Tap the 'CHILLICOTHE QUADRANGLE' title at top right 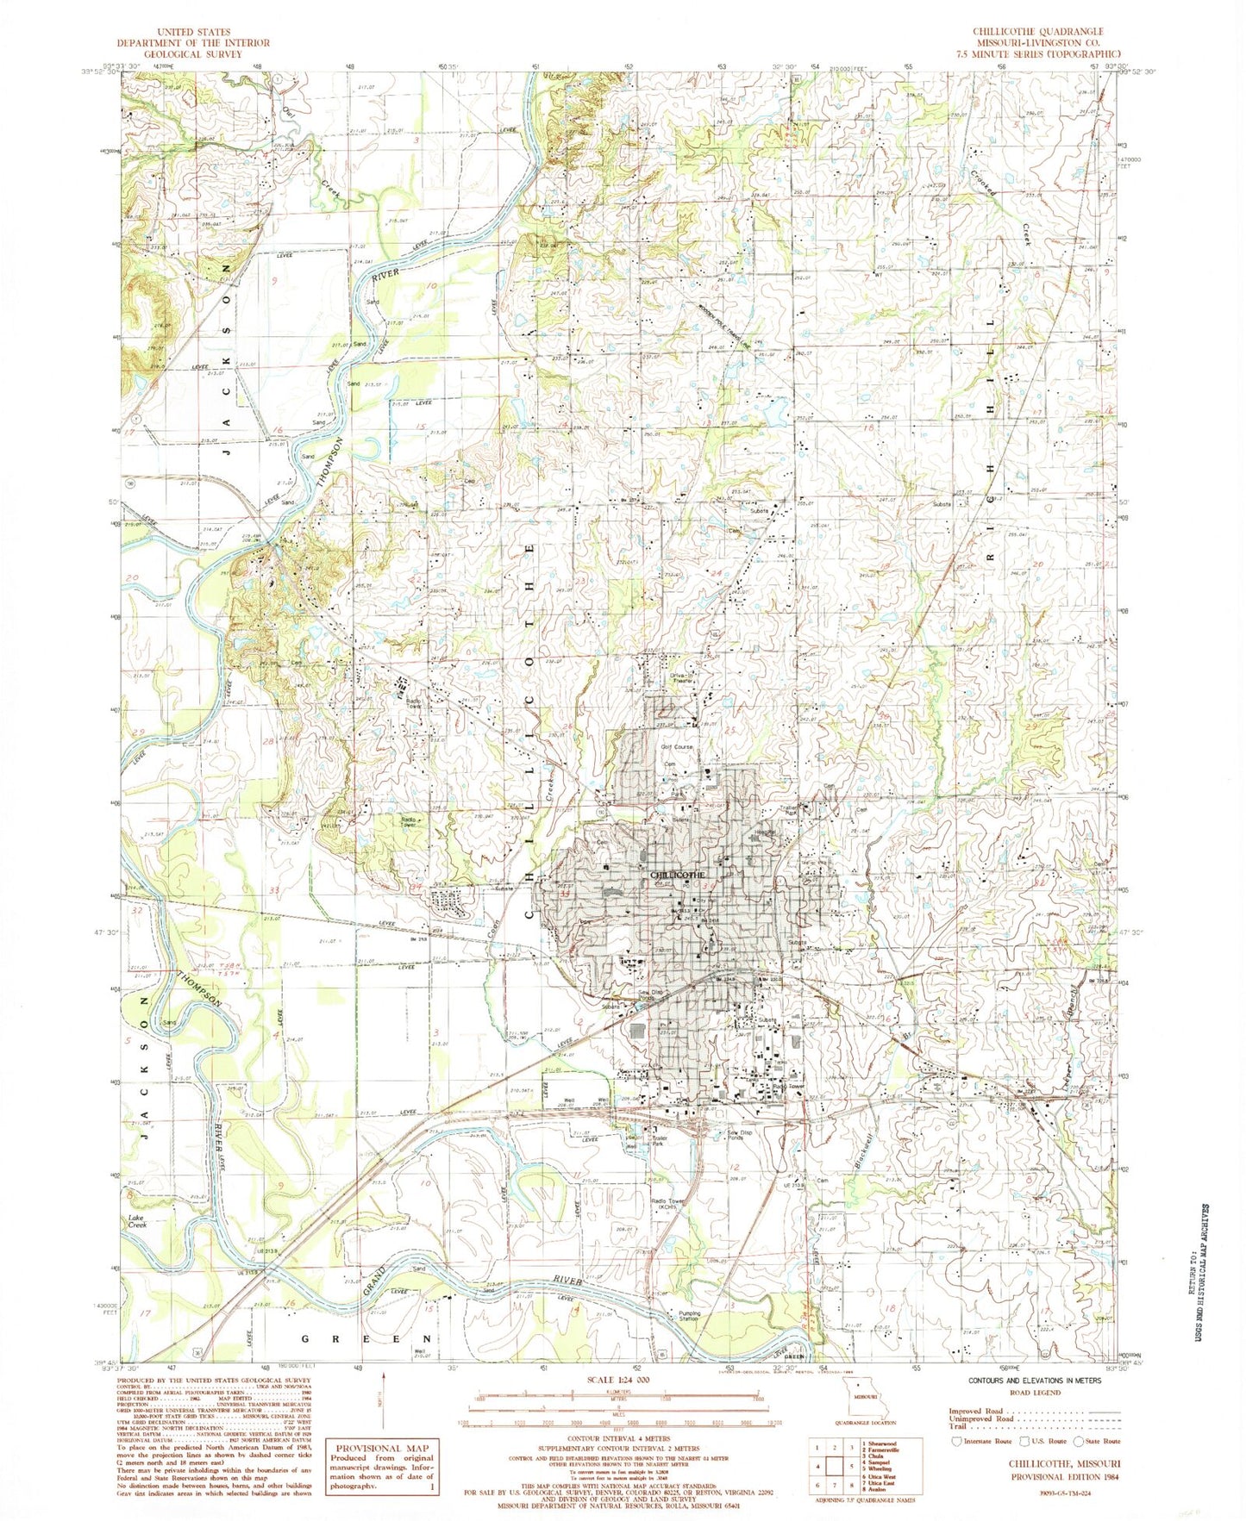[1038, 31]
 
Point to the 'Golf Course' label [677, 746]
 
